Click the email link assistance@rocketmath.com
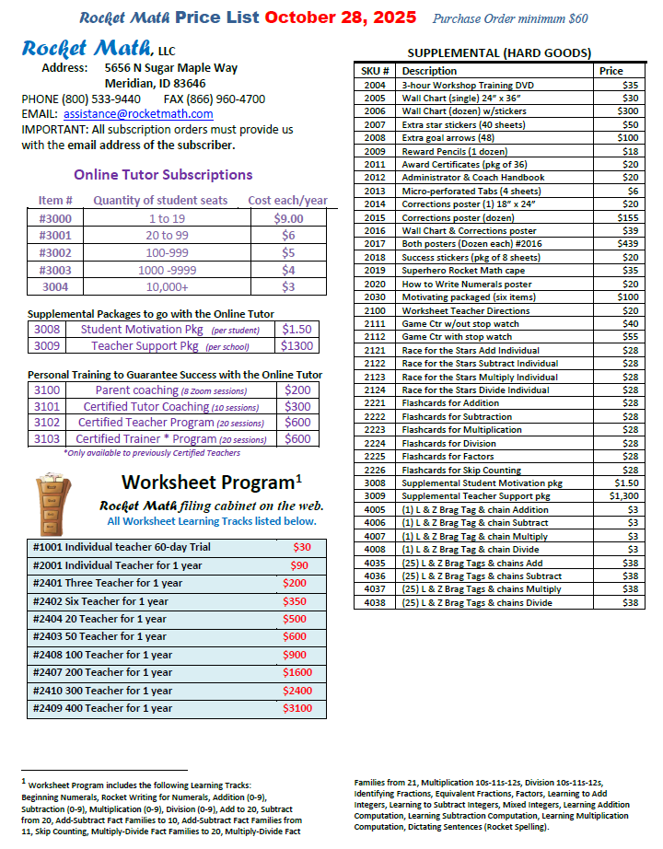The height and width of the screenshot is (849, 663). pyautogui.click(x=138, y=114)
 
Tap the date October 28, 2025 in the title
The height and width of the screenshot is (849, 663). pyautogui.click(x=341, y=17)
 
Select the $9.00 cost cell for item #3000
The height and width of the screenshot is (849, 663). pyautogui.click(x=288, y=218)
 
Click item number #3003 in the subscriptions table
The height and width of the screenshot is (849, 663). pyautogui.click(x=55, y=271)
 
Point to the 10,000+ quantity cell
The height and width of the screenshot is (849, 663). pyautogui.click(x=165, y=288)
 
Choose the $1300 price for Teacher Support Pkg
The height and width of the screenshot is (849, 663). pyautogui.click(x=297, y=346)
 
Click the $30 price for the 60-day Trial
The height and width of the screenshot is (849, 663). pyautogui.click(x=302, y=547)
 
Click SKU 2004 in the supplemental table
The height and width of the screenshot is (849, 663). pyautogui.click(x=375, y=85)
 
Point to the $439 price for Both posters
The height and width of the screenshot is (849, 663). pyautogui.click(x=629, y=244)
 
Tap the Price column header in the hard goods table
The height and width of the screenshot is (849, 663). pyautogui.click(x=611, y=71)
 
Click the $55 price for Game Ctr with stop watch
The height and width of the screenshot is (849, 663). pyautogui.click(x=631, y=337)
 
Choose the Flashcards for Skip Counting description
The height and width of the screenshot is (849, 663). pyautogui.click(x=461, y=470)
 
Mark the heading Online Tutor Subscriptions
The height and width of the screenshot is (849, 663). pyautogui.click(x=163, y=175)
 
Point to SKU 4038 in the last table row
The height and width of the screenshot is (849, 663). pyautogui.click(x=375, y=602)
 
